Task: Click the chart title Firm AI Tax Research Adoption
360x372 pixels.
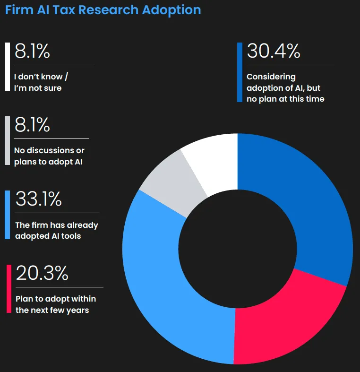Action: tap(103, 10)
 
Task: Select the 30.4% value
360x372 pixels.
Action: tap(273, 51)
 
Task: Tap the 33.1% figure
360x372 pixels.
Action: tap(39, 199)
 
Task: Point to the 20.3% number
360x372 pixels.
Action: tap(42, 273)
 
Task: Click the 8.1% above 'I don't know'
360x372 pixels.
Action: tap(32, 51)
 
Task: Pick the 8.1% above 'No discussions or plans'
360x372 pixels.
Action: tap(32, 125)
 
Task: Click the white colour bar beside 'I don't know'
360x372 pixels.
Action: tap(7, 66)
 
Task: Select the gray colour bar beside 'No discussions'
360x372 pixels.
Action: tap(7, 140)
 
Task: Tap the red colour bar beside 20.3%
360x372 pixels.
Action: tap(9, 288)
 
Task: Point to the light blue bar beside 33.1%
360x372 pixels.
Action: tap(7, 215)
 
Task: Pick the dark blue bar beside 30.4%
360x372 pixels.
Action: tap(240, 72)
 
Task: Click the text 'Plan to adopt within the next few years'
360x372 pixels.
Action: tap(56, 304)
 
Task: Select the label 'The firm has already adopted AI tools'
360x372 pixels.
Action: tap(56, 230)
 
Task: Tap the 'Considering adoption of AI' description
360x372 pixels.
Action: tap(285, 87)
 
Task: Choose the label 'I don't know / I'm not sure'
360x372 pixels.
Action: tap(44, 82)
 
